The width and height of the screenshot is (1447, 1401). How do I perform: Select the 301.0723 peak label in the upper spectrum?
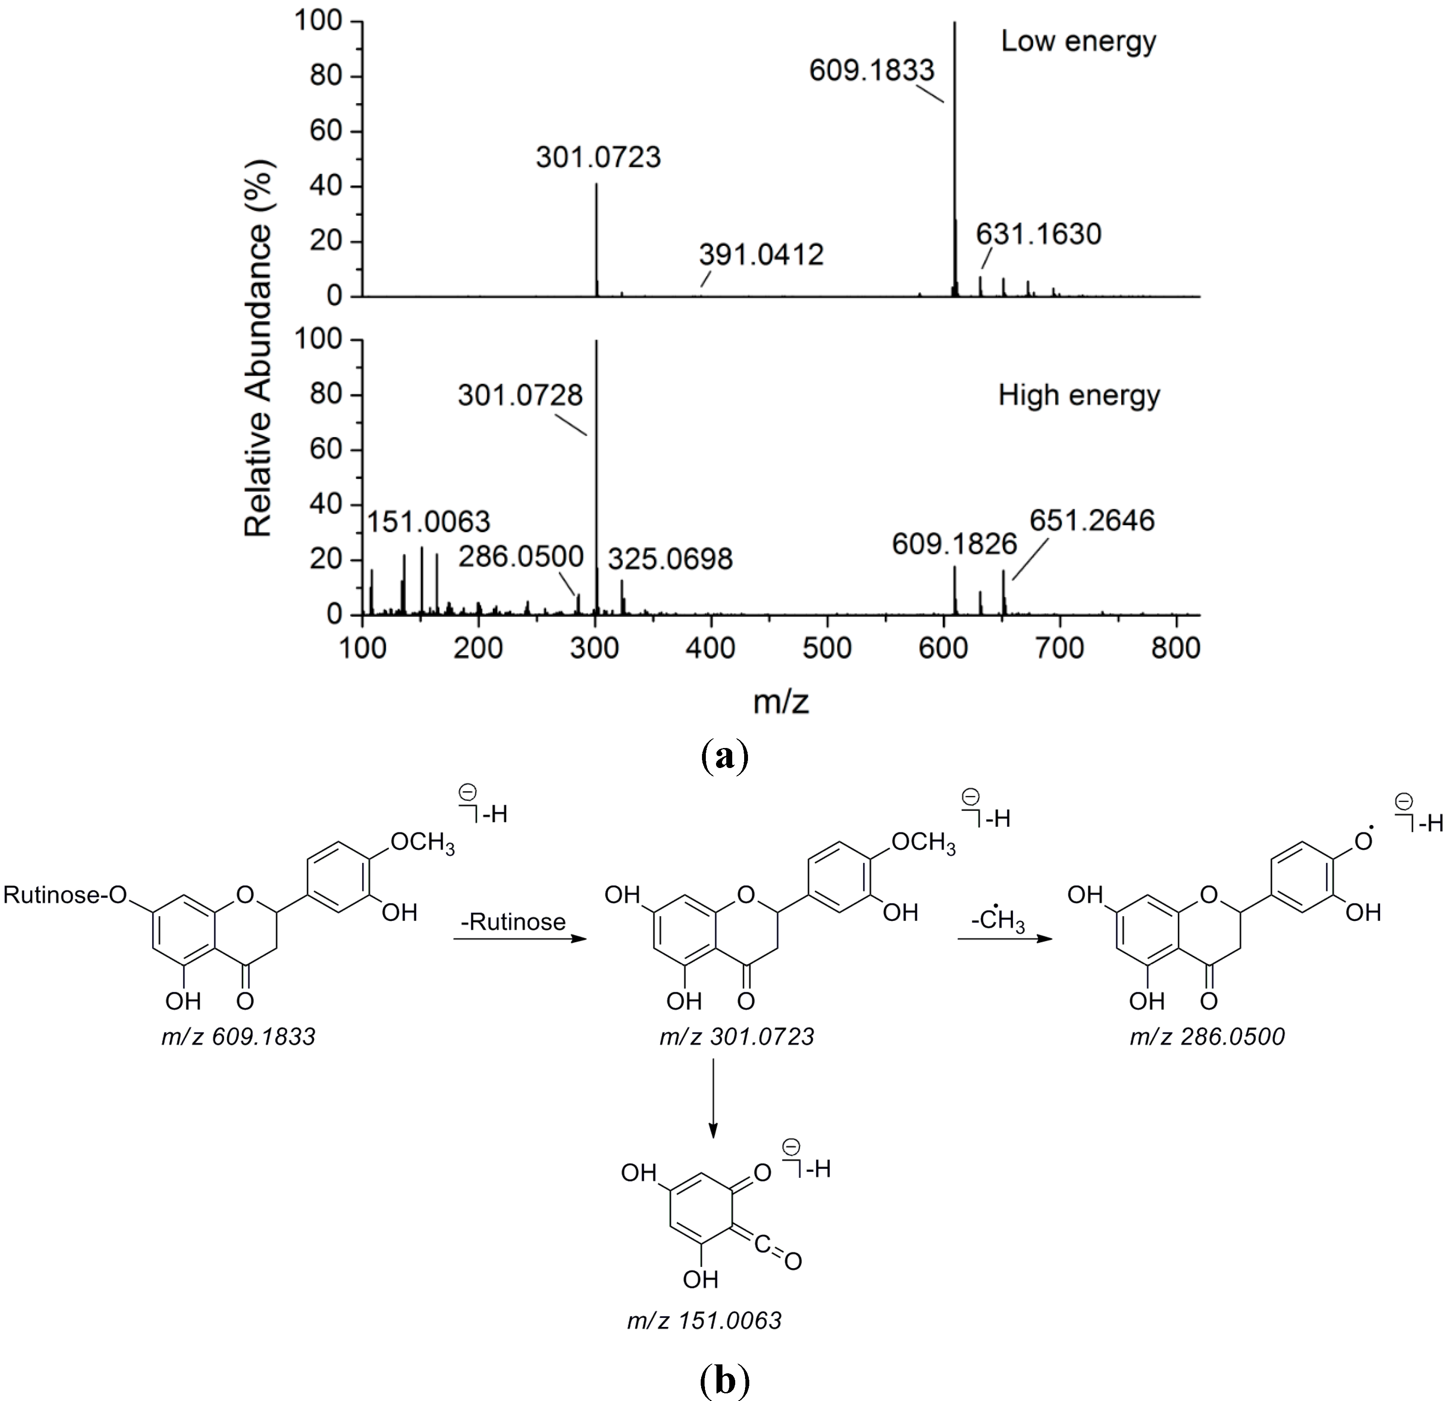point(598,157)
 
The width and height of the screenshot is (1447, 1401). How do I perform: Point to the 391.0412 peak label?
point(761,255)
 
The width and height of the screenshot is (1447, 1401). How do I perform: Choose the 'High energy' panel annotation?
point(1079,396)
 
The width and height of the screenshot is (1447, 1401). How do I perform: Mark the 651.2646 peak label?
point(1092,521)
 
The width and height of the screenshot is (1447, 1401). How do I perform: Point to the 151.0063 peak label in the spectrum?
point(428,522)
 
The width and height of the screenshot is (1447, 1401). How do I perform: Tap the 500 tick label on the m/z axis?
point(827,648)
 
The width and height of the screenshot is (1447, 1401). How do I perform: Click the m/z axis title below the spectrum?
point(781,701)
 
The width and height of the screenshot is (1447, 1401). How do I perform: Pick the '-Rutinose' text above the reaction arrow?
point(513,922)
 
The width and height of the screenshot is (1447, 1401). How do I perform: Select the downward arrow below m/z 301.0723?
point(713,1099)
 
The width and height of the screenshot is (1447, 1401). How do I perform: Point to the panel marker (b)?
point(723,1380)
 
